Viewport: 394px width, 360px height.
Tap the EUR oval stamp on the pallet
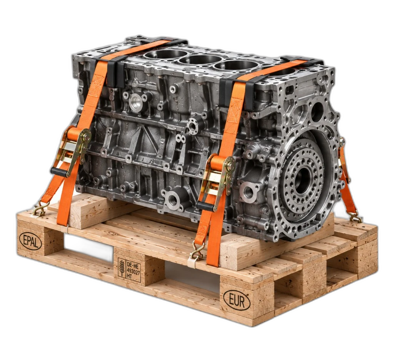click(237, 300)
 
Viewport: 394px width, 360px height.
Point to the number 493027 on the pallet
click(134, 271)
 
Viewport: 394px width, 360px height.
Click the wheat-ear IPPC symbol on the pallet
click(122, 268)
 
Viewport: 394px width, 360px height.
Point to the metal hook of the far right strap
click(355, 217)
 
